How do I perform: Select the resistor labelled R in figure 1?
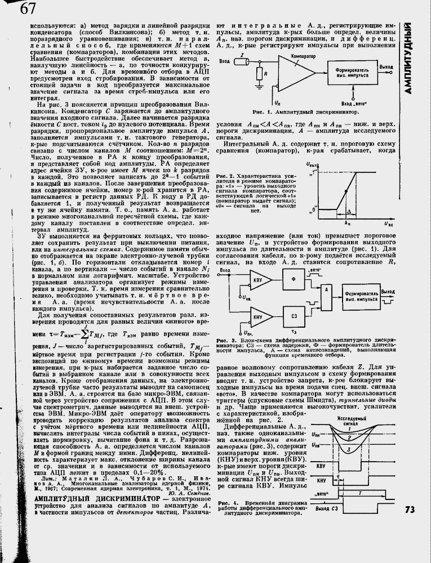(258, 73)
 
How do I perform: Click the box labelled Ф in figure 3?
(292, 279)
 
